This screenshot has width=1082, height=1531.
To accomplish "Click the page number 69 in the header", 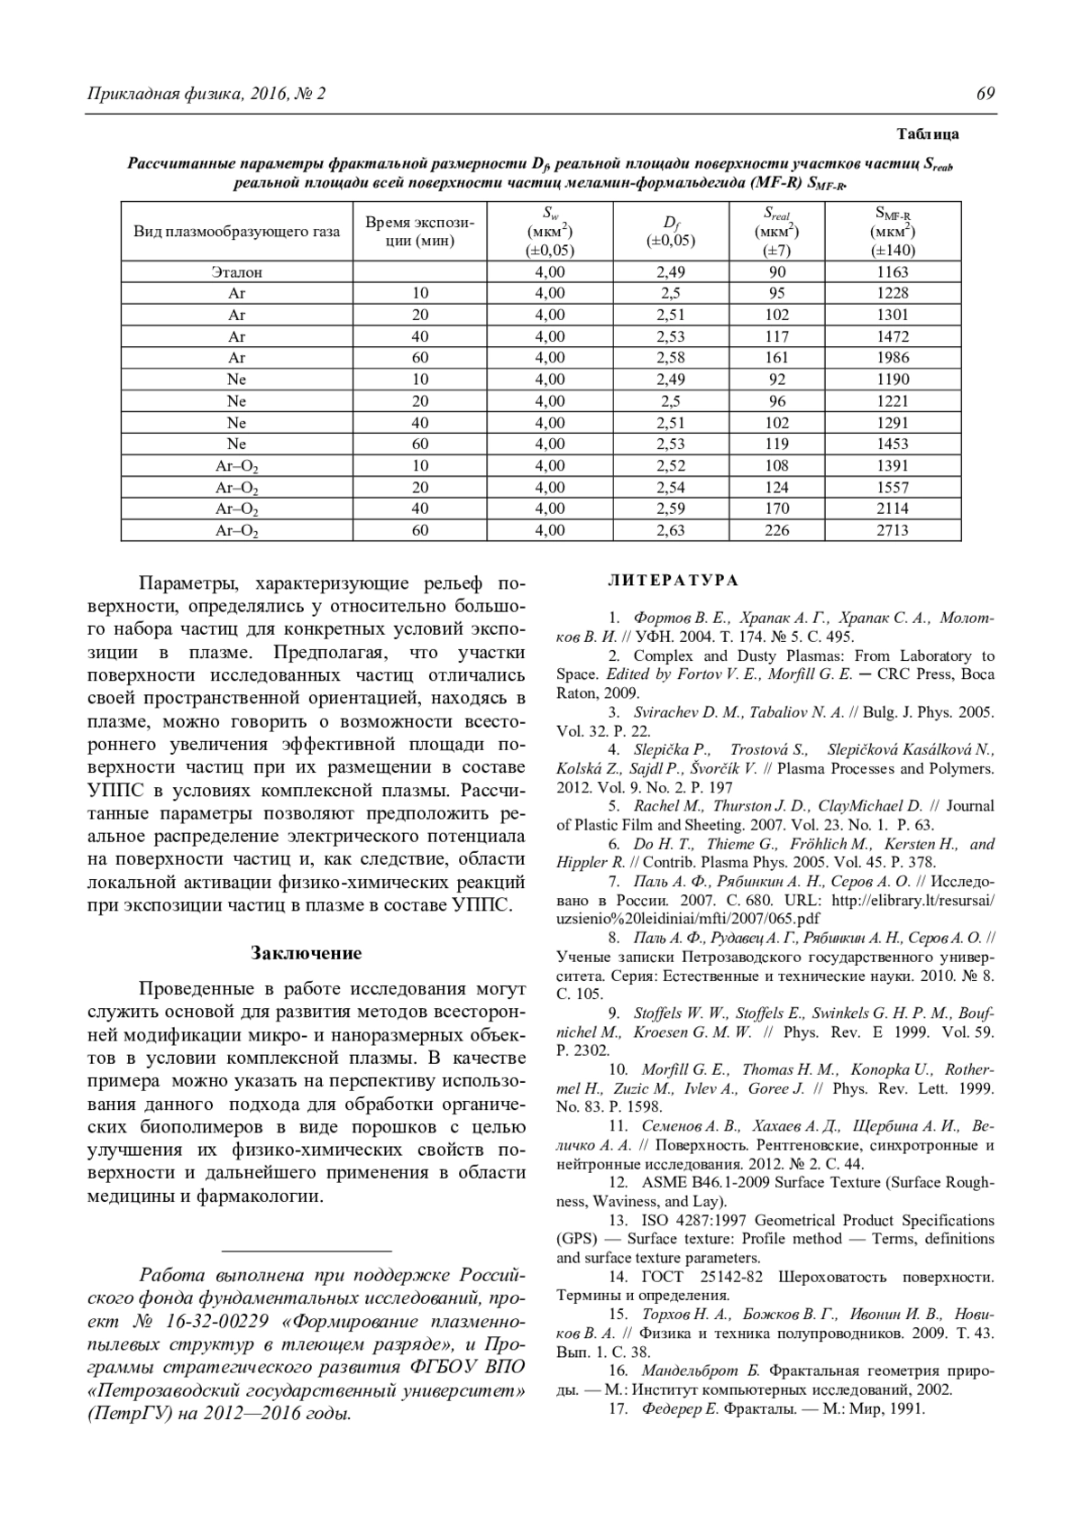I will coord(985,94).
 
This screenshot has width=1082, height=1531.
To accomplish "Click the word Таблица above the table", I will coord(928,134).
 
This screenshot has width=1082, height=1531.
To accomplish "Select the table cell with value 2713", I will coord(893,530).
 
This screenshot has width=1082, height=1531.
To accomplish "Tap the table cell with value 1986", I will coord(893,358).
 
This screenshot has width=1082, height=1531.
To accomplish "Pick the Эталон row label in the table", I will coord(237,271).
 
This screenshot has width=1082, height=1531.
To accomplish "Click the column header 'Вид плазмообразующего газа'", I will coord(237,232).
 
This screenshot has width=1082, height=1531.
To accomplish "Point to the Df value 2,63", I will coord(671,530).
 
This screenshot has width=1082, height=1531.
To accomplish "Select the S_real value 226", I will coord(776,530).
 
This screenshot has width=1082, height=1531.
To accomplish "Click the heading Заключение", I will coord(306,953).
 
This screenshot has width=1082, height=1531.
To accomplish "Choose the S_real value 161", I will coord(776,358).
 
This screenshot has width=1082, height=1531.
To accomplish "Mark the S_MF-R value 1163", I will coord(893,271).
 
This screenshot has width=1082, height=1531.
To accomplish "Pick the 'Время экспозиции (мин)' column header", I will coord(419,232).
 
